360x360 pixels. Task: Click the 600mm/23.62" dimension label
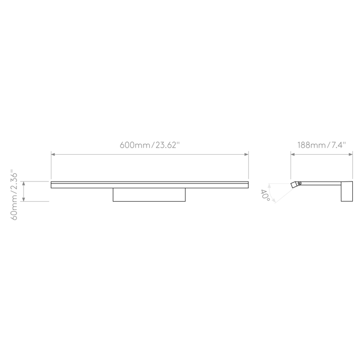(x=150, y=145)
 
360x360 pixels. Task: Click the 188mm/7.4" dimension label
(x=321, y=145)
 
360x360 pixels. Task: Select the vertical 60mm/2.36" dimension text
(x=14, y=195)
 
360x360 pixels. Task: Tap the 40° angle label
(x=265, y=195)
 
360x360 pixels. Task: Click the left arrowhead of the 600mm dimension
(x=53, y=154)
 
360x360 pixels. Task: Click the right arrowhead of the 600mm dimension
(x=246, y=154)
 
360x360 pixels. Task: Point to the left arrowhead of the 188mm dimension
(x=293, y=154)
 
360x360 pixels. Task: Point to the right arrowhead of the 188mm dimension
(x=351, y=154)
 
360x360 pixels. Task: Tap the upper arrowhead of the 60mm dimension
(x=24, y=183)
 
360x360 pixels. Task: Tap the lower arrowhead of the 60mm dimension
(x=24, y=200)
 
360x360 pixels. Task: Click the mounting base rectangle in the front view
(x=149, y=195)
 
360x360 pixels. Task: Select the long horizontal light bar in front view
(x=150, y=185)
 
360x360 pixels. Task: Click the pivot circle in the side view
(x=299, y=183)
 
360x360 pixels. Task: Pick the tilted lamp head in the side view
(x=294, y=185)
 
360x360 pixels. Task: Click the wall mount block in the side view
(x=347, y=191)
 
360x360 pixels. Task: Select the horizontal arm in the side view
(x=321, y=183)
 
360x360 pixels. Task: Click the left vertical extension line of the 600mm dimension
(x=51, y=165)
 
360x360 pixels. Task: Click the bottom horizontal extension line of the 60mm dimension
(x=34, y=202)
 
